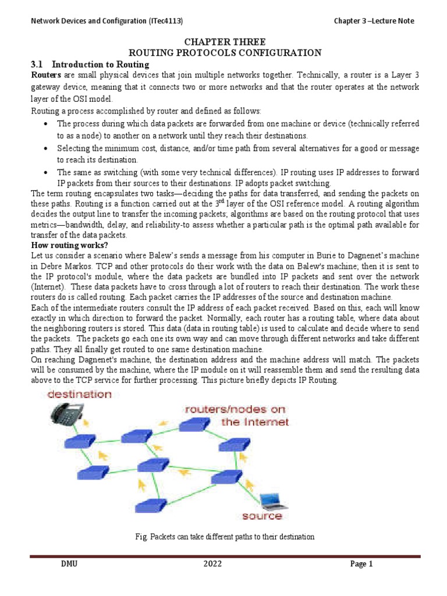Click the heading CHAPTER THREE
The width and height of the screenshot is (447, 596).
tap(224, 42)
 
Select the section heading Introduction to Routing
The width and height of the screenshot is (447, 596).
tap(101, 64)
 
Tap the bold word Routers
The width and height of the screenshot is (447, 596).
tap(47, 75)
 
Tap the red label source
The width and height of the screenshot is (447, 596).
tap(262, 516)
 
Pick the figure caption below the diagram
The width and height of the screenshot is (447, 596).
tap(223, 537)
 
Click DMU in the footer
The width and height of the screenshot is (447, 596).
tap(69, 564)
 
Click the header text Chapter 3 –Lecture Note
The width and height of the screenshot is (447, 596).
tap(374, 21)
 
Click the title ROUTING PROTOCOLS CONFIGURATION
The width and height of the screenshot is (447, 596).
tap(224, 53)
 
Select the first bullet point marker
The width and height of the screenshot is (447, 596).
tap(45, 125)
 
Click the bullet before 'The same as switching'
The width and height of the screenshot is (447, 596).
tap(45, 173)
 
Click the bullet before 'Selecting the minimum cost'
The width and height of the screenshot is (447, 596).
tap(45, 149)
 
